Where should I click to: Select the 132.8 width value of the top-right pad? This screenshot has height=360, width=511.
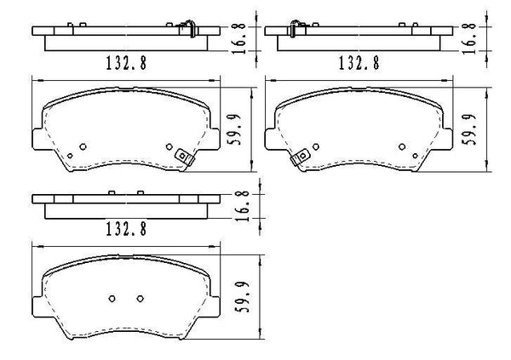click(x=359, y=62)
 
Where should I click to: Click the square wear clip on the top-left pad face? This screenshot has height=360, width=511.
click(x=183, y=157)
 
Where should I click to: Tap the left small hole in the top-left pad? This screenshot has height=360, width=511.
click(x=83, y=146)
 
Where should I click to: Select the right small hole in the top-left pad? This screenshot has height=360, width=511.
click(x=169, y=146)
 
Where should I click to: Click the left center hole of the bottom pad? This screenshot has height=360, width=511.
click(x=112, y=298)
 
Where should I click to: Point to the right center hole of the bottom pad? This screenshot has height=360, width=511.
click(x=140, y=298)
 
